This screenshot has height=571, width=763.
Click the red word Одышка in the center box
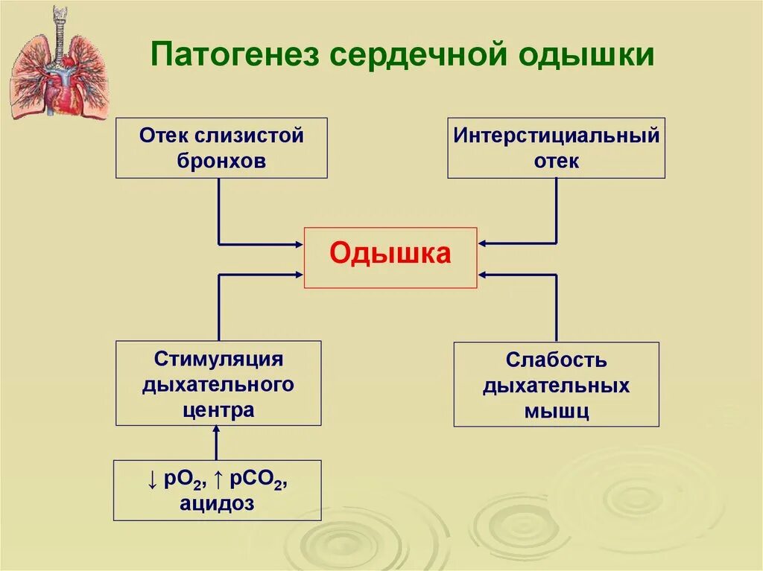(390, 254)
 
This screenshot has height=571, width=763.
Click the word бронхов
(221, 161)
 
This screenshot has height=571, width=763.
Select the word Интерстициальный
(557, 137)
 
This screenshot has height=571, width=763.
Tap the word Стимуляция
(218, 360)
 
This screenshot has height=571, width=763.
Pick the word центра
(218, 409)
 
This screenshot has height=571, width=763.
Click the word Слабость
(556, 361)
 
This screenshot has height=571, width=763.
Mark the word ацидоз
(217, 504)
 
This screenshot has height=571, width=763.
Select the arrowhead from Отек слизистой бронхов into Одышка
(299, 243)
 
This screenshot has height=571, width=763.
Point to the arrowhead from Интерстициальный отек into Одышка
(482, 243)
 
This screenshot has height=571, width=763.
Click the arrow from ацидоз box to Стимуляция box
(217, 442)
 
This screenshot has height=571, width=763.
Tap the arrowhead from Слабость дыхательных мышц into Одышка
(482, 275)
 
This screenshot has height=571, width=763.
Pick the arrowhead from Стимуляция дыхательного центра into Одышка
(299, 275)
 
